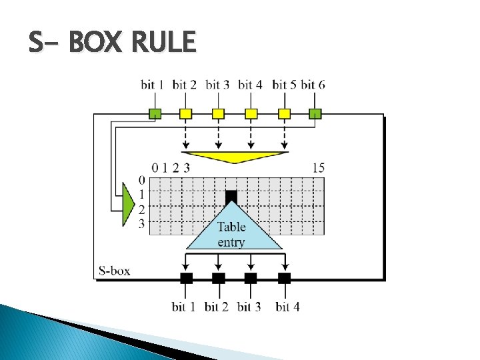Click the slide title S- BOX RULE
click(x=112, y=43)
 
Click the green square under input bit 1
click(x=154, y=113)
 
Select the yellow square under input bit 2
click(x=186, y=113)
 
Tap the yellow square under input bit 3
click(x=219, y=113)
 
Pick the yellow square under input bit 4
click(x=251, y=113)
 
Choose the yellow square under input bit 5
click(x=284, y=113)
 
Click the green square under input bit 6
click(x=315, y=113)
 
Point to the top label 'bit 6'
click(x=313, y=85)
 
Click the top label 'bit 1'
click(x=153, y=85)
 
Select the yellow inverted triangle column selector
click(x=235, y=157)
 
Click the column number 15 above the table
click(x=318, y=167)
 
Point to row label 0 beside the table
click(x=141, y=180)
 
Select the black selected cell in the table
click(x=231, y=196)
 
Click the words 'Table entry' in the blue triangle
click(x=232, y=234)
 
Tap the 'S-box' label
click(x=114, y=271)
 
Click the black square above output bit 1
click(x=186, y=278)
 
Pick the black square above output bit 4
click(x=284, y=278)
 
